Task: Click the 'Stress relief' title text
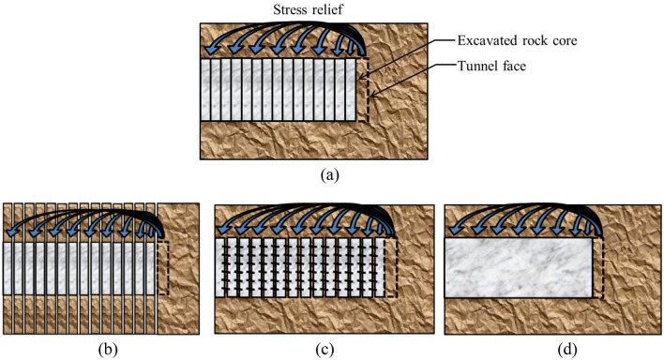click(285, 10)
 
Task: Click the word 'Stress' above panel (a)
click(266, 10)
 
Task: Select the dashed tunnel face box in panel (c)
click(392, 267)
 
